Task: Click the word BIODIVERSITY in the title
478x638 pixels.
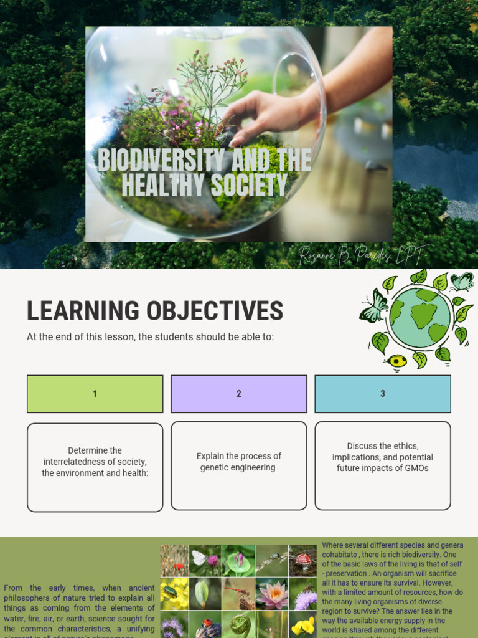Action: coord(153,160)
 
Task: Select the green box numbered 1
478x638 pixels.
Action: coord(95,394)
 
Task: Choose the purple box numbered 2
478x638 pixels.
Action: coord(238,394)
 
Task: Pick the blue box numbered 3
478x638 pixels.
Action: coord(382,394)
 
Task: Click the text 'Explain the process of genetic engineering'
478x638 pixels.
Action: coord(238,462)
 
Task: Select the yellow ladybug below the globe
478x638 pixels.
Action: coord(396,361)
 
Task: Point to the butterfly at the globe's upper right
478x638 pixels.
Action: coord(461,282)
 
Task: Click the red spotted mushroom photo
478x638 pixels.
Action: coord(303,560)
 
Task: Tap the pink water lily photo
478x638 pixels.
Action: coord(271,593)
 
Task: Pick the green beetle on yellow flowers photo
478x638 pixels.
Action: coord(174,592)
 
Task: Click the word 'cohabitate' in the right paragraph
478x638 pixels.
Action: coord(342,555)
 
